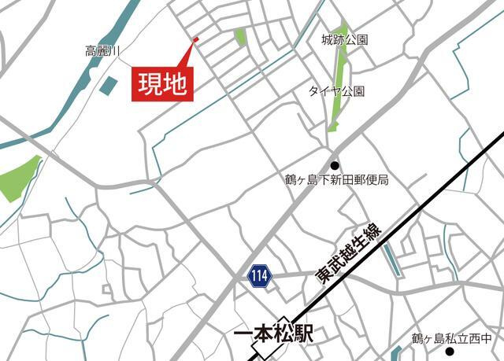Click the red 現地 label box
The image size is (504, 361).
[162, 83]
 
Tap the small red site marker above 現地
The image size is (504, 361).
[195, 39]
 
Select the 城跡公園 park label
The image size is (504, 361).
[345, 39]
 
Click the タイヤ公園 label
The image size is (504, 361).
[336, 91]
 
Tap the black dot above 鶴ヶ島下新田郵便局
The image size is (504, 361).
[335, 165]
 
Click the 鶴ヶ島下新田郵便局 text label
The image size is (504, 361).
[337, 180]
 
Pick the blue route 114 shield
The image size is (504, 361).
[259, 275]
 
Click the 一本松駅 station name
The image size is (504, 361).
[274, 334]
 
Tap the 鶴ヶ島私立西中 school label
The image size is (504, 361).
[450, 339]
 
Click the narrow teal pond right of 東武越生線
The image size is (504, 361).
[391, 260]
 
